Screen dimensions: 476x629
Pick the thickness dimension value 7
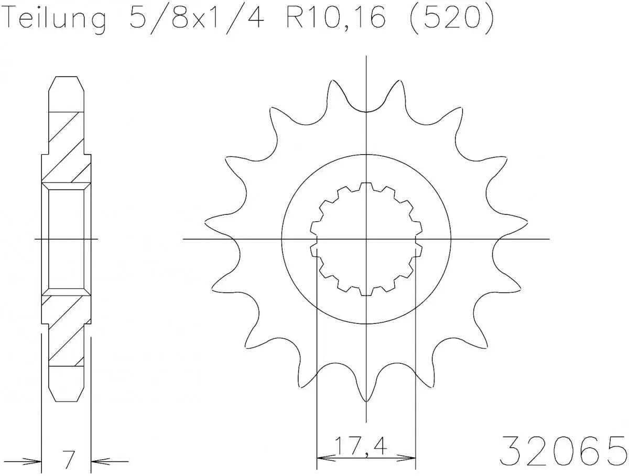[66, 459]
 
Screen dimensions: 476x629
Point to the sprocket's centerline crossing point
[366, 239]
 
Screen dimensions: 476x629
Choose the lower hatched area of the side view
[66, 330]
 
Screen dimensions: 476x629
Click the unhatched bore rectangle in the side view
[66, 239]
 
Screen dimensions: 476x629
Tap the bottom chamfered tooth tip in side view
[66, 388]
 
